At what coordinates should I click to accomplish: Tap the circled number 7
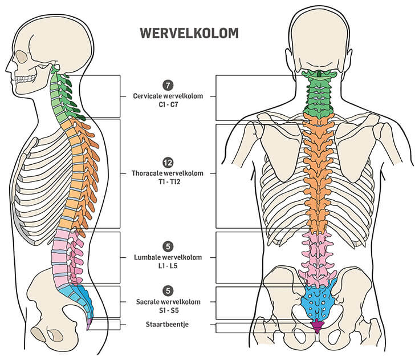click(167, 86)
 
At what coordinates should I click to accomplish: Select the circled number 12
click(167, 161)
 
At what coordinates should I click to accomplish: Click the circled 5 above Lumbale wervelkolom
click(167, 246)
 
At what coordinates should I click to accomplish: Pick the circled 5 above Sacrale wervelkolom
click(167, 291)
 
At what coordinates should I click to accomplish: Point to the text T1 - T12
click(167, 181)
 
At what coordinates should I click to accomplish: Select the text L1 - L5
click(168, 266)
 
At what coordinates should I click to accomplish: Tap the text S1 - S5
click(168, 310)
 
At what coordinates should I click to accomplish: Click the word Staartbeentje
click(168, 325)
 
